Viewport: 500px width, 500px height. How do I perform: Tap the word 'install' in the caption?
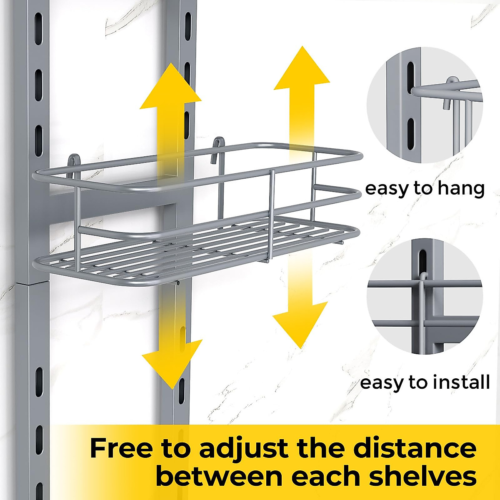click(461, 382)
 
